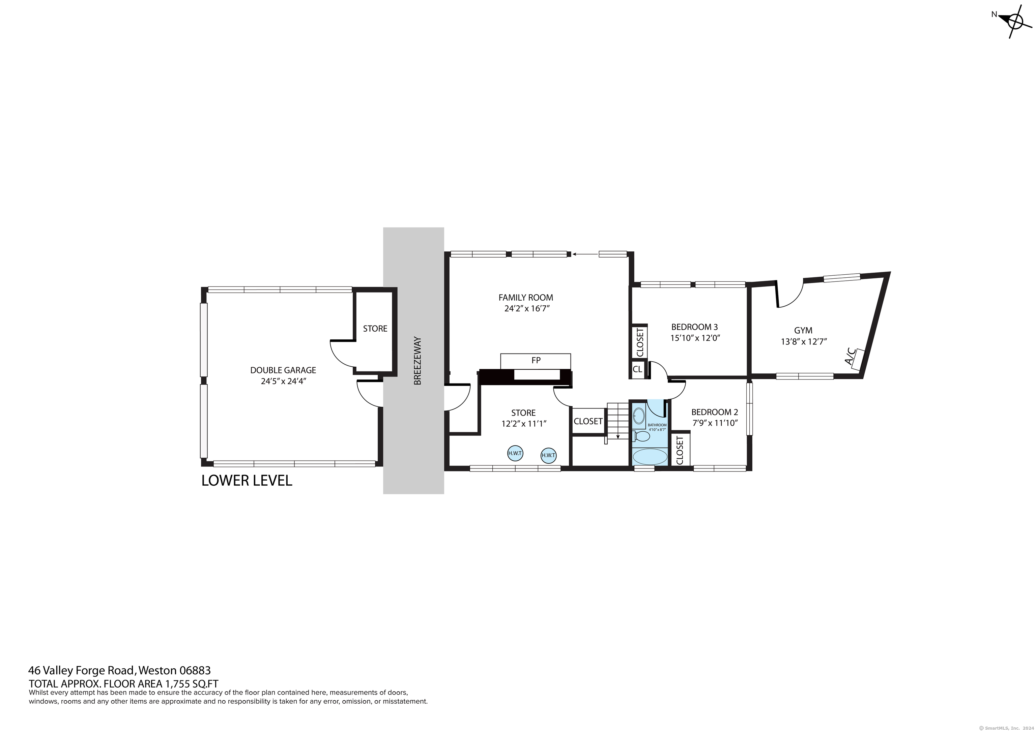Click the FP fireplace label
[536, 360]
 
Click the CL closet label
[637, 369]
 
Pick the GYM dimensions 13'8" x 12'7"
[804, 342]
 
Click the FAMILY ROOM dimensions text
[526, 309]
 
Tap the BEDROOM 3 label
[694, 327]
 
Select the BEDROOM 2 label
[715, 412]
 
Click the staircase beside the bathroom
[617, 421]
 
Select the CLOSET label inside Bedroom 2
[680, 449]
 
